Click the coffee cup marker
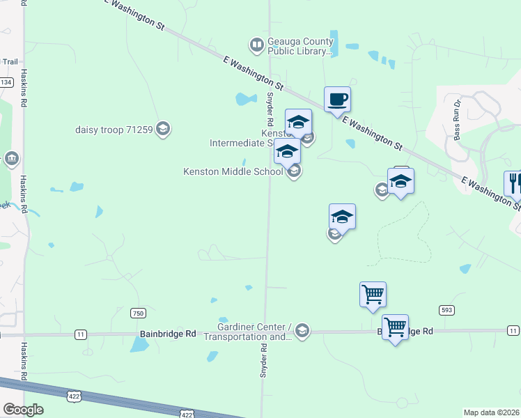pyautogui.click(x=337, y=99)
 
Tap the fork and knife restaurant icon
pyautogui.click(x=514, y=183)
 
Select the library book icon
pyautogui.click(x=257, y=46)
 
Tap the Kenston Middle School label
pyautogui.click(x=233, y=171)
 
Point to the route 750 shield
pyautogui.click(x=138, y=313)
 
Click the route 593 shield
pyautogui.click(x=446, y=309)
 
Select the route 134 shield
pyautogui.click(x=6, y=82)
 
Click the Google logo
pyautogui.click(x=23, y=410)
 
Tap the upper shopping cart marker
pyautogui.click(x=373, y=294)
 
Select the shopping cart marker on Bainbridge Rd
pyautogui.click(x=395, y=326)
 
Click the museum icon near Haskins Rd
pyautogui.click(x=12, y=160)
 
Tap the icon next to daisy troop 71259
pyautogui.click(x=163, y=128)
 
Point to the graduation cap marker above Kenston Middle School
pyautogui.click(x=287, y=150)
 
